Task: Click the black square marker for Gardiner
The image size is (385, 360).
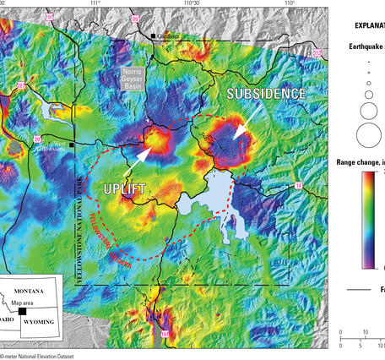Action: click(154, 36)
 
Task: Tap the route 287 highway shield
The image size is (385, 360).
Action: click(20, 85)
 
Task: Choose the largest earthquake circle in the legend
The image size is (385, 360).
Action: click(369, 134)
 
